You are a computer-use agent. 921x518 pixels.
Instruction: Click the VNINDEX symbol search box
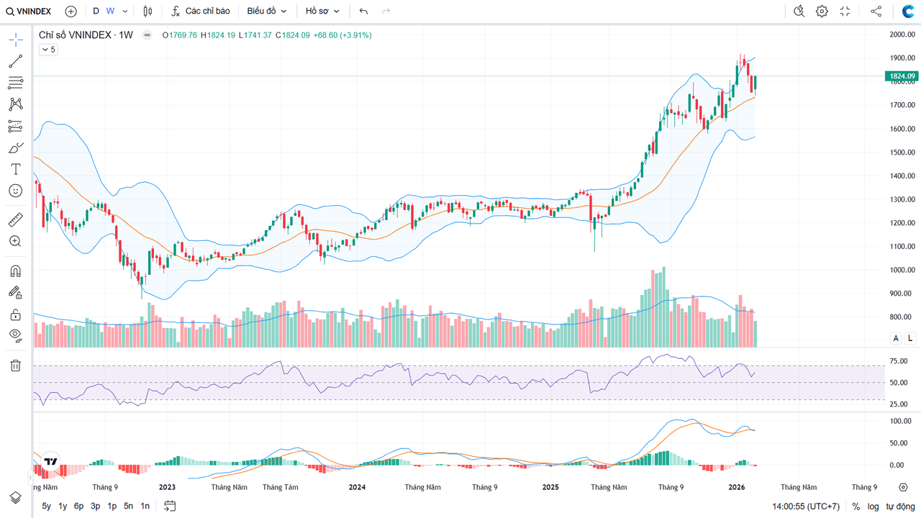point(29,12)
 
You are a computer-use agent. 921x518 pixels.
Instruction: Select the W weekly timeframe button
point(110,12)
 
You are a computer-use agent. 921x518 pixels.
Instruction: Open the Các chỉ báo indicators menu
point(201,12)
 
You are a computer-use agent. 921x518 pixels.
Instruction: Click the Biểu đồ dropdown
point(266,12)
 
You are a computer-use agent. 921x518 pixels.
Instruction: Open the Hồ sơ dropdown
point(322,12)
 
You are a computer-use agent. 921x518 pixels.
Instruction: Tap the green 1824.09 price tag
point(902,76)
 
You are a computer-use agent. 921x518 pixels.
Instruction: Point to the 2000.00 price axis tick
point(902,35)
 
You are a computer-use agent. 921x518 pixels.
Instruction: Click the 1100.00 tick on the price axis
point(902,247)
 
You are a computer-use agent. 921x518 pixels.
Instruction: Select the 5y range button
point(47,506)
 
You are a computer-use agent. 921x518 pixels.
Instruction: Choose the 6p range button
point(78,506)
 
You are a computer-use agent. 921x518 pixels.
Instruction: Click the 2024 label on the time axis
point(357,487)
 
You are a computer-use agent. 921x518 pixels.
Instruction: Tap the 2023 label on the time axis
point(167,487)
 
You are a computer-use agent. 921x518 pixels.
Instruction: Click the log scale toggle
point(873,506)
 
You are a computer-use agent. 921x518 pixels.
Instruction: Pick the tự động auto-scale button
point(900,506)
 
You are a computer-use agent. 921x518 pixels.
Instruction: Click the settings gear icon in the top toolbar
point(822,12)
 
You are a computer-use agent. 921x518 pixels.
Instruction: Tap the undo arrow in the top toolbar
point(363,12)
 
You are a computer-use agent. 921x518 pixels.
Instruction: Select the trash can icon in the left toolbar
point(15,365)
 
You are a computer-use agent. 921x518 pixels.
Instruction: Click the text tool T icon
point(15,169)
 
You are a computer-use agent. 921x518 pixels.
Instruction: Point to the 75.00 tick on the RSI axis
point(898,361)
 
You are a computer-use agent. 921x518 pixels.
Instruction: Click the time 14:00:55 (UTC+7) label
point(805,506)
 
